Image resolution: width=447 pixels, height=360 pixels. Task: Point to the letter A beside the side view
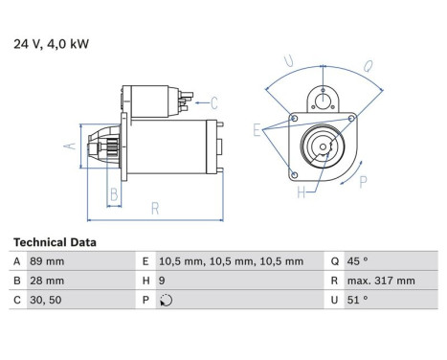tap(67, 146)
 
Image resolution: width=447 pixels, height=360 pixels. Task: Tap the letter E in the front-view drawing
tap(257, 128)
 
